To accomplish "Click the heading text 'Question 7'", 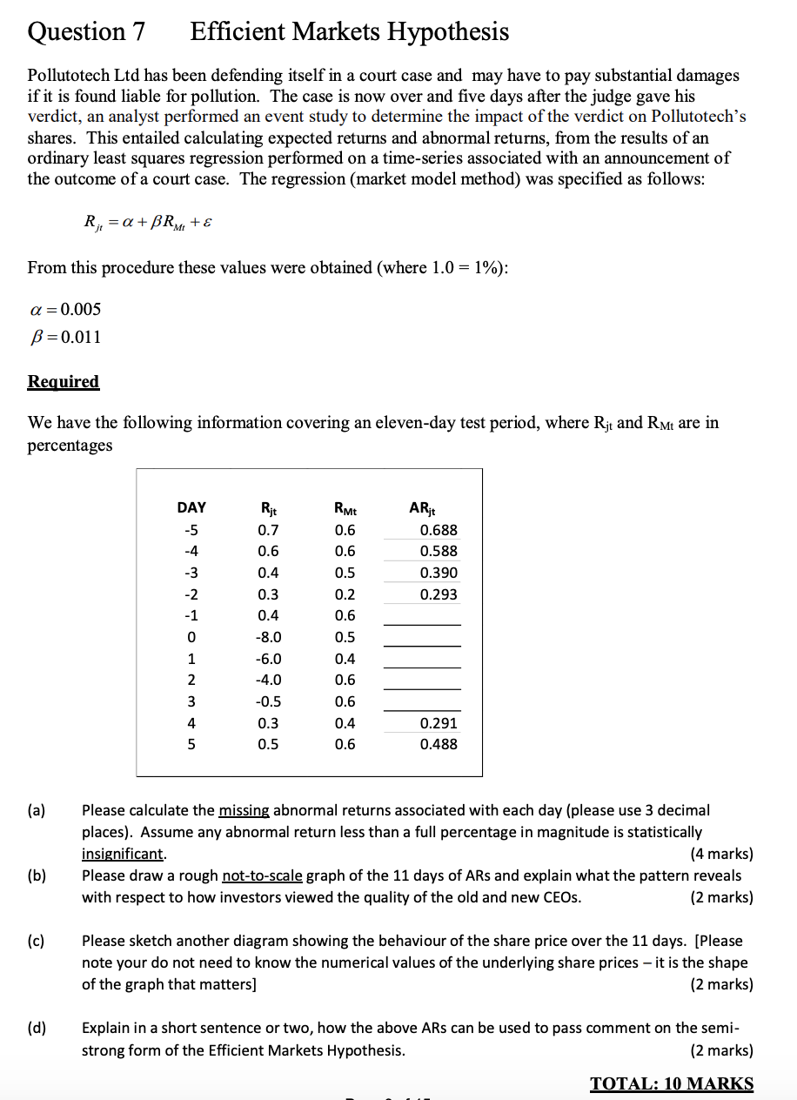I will [86, 32].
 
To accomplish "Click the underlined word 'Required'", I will [64, 381].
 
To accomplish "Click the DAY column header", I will [191, 507].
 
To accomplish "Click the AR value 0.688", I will [439, 530].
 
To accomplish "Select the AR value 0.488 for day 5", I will [439, 744].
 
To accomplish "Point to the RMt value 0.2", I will [345, 594].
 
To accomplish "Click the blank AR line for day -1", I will [422, 623].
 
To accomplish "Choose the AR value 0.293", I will [439, 594].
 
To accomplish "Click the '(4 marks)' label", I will [720, 854].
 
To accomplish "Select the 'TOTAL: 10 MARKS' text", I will [672, 1083].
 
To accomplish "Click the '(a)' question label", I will [37, 810].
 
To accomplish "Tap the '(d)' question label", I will [37, 1028].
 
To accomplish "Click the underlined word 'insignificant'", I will [123, 854].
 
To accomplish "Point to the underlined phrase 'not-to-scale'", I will [262, 875].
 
